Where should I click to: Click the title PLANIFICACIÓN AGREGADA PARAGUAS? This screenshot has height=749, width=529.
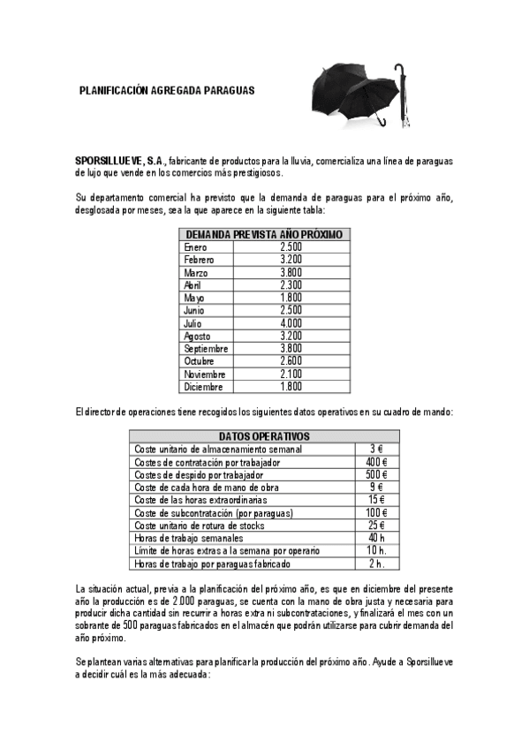click(x=166, y=90)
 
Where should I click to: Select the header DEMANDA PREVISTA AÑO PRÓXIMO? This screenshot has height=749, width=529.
click(x=263, y=234)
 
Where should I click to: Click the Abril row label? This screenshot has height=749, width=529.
click(x=193, y=285)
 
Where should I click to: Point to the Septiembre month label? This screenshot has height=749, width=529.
click(x=206, y=349)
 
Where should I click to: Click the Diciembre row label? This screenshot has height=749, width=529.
click(x=203, y=387)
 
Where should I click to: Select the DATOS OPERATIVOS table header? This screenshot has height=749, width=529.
click(x=264, y=436)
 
